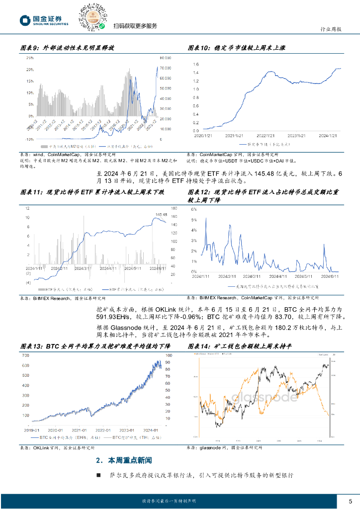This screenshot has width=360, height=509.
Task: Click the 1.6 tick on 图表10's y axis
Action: (195, 65)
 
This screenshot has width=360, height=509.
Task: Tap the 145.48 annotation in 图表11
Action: (161, 215)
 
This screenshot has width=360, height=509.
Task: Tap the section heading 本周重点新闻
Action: (130, 460)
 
